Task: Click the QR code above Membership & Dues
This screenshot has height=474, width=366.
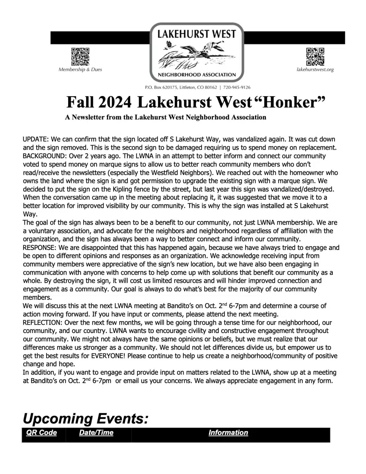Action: coord(80,57)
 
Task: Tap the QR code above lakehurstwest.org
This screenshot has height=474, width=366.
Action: coord(315,57)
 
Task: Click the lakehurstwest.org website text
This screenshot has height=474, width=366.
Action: coord(315,70)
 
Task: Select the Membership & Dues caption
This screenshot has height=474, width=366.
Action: coord(80,69)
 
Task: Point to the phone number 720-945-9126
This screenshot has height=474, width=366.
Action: coord(236,87)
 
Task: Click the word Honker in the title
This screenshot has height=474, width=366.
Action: coord(290,102)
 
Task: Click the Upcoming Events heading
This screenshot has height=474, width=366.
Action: coord(85,419)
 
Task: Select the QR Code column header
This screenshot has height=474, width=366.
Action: coord(42,433)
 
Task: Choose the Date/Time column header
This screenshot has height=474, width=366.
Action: coord(96,433)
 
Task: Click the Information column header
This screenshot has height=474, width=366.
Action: coord(228,433)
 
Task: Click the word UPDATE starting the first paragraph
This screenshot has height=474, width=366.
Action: coord(35,139)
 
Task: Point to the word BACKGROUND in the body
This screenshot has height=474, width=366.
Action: coord(45,156)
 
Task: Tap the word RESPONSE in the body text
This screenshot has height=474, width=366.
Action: coord(39,247)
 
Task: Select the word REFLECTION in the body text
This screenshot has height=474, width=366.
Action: coord(42,322)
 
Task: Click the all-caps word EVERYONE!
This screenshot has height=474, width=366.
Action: coord(108,356)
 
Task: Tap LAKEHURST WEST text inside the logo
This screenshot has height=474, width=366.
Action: coord(197,34)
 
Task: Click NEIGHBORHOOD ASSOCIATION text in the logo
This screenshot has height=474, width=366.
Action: coord(197,75)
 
